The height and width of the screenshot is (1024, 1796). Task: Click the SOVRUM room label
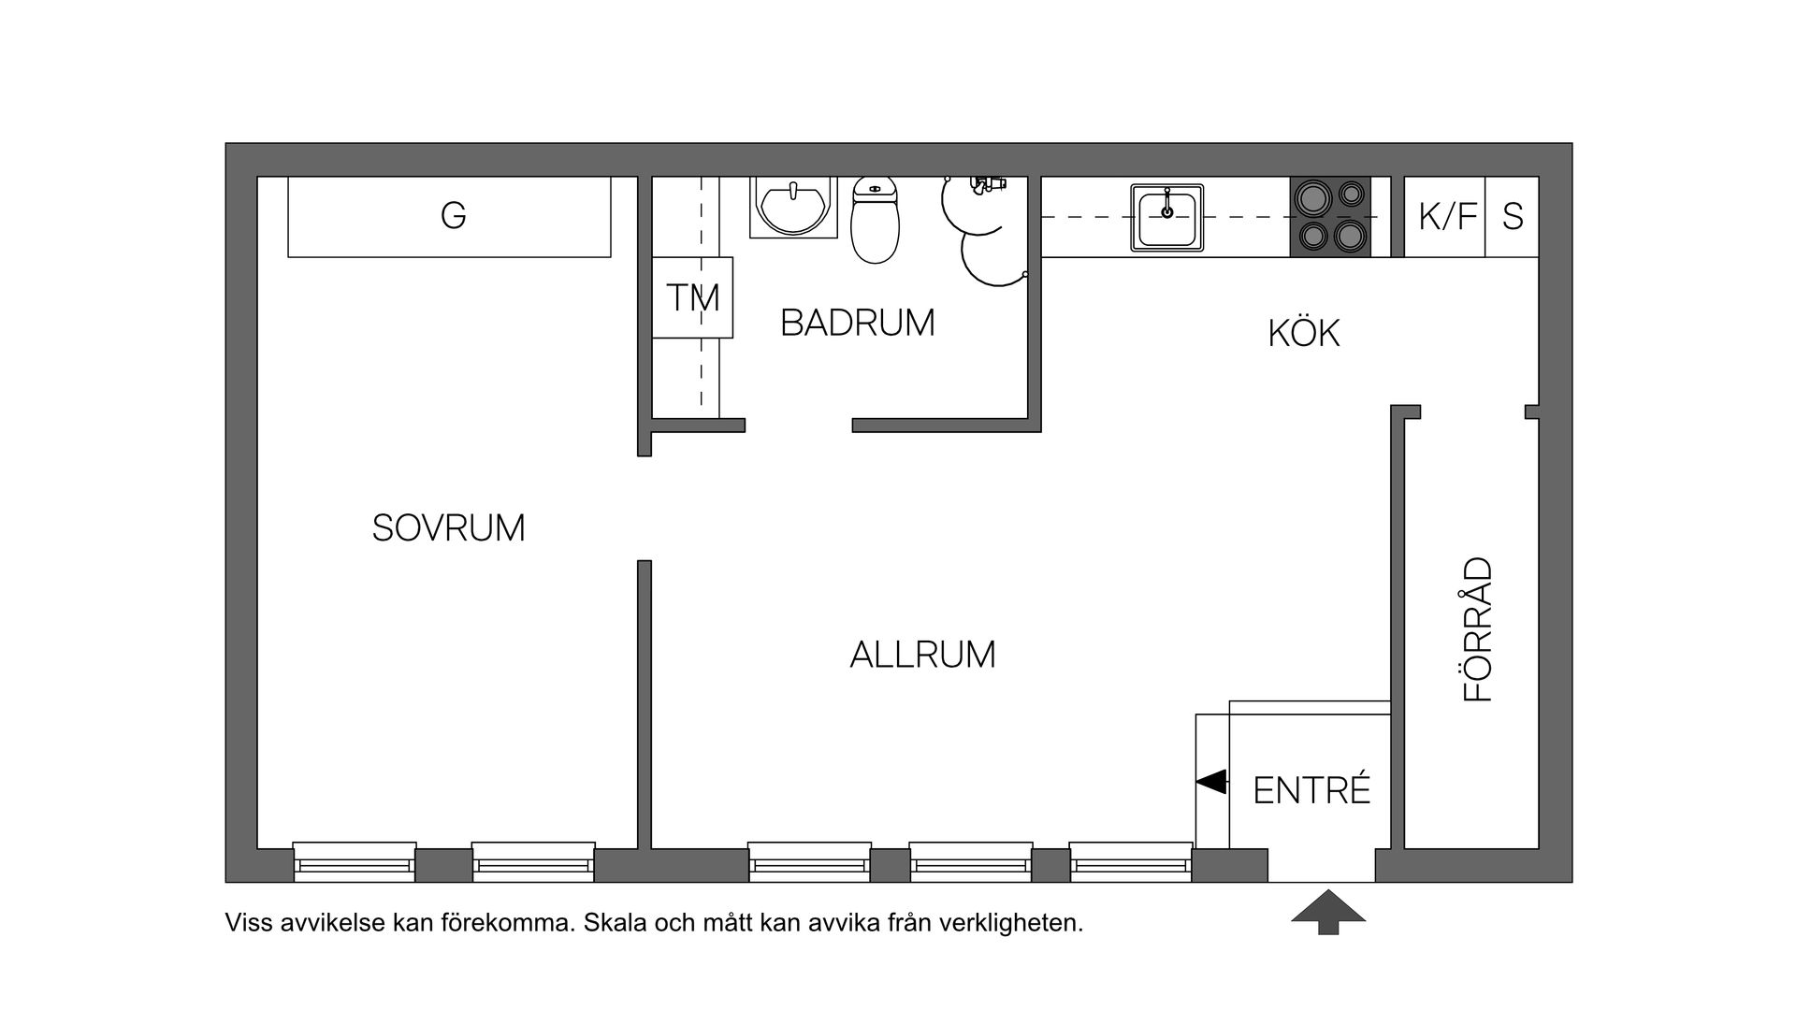pyautogui.click(x=448, y=528)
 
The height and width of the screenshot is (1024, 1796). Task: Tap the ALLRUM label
pyautogui.click(x=922, y=655)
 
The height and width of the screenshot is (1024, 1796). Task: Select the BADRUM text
pyautogui.click(x=857, y=323)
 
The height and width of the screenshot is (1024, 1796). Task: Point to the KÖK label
pyautogui.click(x=1304, y=333)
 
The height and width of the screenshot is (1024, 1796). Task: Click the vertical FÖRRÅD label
pyautogui.click(x=1478, y=629)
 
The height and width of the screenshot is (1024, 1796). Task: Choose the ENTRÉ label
pyautogui.click(x=1311, y=791)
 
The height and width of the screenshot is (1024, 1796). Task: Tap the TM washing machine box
pyautogui.click(x=692, y=297)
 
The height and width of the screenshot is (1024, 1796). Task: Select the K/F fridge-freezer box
pyautogui.click(x=1445, y=216)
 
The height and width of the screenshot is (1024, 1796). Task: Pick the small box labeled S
pyautogui.click(x=1513, y=216)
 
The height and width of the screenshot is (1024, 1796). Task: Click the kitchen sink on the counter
pyautogui.click(x=1166, y=217)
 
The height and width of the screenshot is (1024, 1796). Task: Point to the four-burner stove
pyautogui.click(x=1330, y=216)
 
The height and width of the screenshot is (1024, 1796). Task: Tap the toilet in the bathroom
pyautogui.click(x=875, y=222)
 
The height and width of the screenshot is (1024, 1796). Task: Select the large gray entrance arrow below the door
pyautogui.click(x=1328, y=912)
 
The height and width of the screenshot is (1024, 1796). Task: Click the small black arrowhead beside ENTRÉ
pyautogui.click(x=1212, y=781)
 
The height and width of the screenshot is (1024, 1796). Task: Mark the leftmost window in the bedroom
pyautogui.click(x=355, y=861)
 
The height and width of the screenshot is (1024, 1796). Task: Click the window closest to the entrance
pyautogui.click(x=1131, y=861)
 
